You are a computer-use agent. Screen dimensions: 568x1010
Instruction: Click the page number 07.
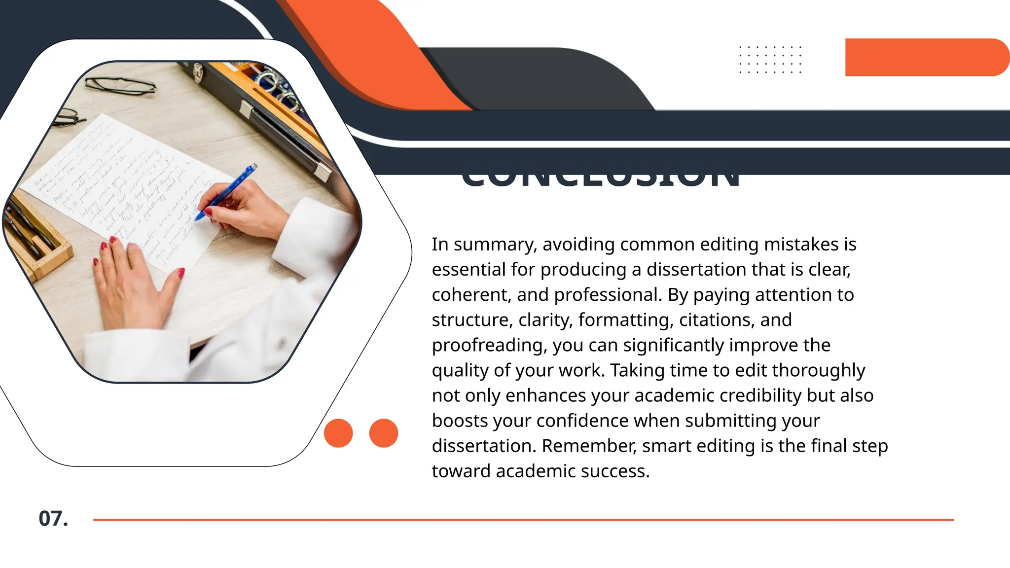pyautogui.click(x=53, y=519)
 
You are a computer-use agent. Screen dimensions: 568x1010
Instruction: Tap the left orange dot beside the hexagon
pyautogui.click(x=338, y=433)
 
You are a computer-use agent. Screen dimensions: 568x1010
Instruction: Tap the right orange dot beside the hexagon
pyautogui.click(x=383, y=433)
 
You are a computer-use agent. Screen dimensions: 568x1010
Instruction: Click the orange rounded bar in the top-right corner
pyautogui.click(x=925, y=57)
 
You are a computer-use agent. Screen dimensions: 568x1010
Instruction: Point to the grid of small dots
pyautogui.click(x=770, y=60)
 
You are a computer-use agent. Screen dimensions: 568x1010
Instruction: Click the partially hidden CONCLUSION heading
pyautogui.click(x=601, y=180)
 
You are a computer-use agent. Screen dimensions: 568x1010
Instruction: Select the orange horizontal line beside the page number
pyautogui.click(x=523, y=520)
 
